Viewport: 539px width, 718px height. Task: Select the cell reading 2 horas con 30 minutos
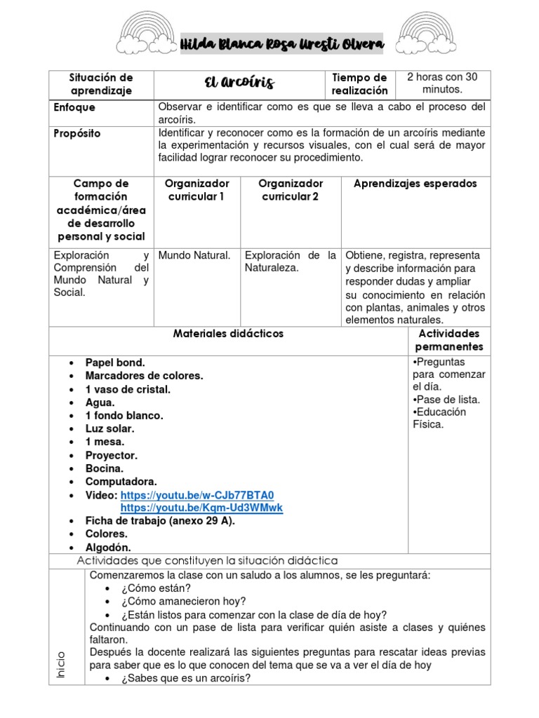pos(442,83)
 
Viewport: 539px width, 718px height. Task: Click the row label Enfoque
pos(74,108)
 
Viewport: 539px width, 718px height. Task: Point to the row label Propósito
pos(77,133)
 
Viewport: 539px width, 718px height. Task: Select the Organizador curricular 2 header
pos(291,190)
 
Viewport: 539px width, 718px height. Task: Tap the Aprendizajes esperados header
pos(415,184)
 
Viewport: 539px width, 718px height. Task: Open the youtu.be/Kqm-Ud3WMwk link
pos(201,508)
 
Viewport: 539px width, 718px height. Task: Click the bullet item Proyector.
pos(112,455)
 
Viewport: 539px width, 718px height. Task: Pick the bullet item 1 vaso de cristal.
pos(128,389)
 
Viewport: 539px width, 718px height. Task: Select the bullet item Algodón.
pos(108,548)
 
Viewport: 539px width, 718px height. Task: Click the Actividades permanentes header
pos(449,340)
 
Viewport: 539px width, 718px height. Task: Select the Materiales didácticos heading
pos(228,334)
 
